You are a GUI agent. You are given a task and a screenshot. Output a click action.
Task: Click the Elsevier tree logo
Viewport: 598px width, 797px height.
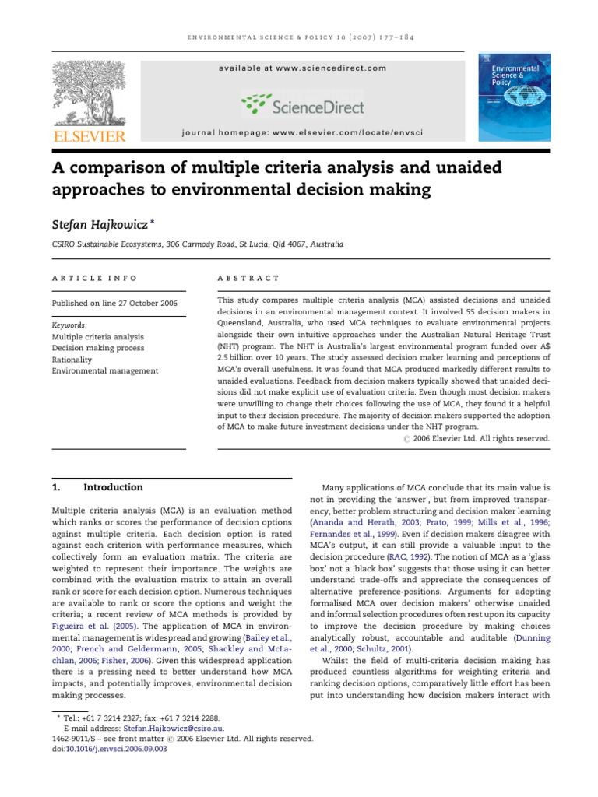[88, 93]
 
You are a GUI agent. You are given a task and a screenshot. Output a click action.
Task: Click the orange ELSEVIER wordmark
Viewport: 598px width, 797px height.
[88, 136]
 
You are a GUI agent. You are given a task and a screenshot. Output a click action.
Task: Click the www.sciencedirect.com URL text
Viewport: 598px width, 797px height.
[331, 68]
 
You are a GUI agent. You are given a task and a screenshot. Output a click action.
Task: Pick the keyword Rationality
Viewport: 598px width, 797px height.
[72, 360]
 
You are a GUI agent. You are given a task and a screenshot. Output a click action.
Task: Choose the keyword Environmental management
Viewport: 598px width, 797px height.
[104, 370]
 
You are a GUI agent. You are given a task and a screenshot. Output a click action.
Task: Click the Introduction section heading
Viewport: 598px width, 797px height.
[113, 487]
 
